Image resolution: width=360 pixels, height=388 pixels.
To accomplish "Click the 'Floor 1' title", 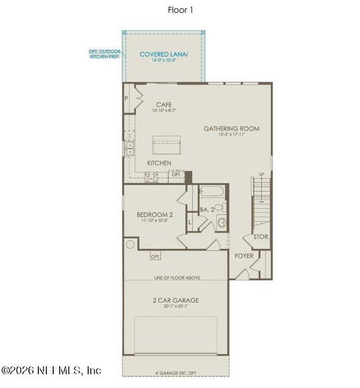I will tap(180, 10).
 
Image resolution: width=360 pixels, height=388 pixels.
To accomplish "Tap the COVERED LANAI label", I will tap(164, 55).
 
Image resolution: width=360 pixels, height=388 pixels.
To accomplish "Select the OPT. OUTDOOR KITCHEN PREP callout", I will tap(105, 53).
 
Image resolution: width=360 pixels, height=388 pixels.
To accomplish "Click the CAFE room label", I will tap(164, 104).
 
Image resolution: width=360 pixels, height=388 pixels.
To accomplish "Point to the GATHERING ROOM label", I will tap(232, 129).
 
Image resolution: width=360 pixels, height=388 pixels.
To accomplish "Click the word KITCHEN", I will tap(159, 162).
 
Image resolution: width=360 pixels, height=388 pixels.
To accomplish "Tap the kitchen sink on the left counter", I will tap(129, 147).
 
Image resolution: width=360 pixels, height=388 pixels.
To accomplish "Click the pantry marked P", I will tap(128, 99).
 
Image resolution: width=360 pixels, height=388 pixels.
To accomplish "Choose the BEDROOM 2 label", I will tap(154, 215).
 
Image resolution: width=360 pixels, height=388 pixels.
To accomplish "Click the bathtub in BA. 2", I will tap(211, 192).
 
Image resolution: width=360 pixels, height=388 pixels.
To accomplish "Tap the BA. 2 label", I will tap(207, 210).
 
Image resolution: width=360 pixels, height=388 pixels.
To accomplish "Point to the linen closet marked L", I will tap(190, 223).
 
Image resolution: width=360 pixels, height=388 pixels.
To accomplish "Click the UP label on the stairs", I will tap(261, 175).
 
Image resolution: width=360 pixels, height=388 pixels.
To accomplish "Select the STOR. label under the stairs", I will tap(262, 237).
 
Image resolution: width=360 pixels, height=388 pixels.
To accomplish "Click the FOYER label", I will tap(245, 255).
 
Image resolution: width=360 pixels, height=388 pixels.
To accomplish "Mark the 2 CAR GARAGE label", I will tap(176, 300).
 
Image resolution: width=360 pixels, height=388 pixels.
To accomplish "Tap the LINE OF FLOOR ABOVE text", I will tap(176, 277).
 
